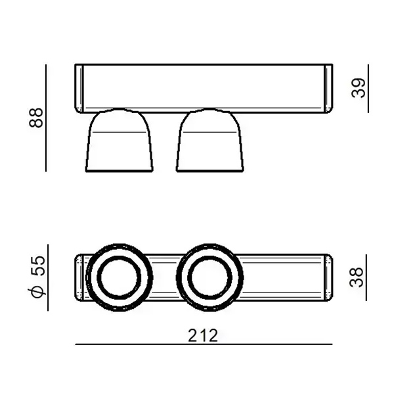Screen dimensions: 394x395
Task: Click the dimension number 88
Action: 36,118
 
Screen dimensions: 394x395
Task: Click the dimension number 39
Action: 359,87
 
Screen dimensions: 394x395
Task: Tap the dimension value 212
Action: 203,336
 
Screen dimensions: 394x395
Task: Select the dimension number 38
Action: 357,277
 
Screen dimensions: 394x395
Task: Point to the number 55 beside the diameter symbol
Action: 38,266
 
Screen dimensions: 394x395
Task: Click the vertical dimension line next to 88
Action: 46,118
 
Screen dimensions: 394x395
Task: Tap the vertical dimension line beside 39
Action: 368,89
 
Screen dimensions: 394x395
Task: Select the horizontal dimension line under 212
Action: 204,344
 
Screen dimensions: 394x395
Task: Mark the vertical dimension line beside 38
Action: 366,277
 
